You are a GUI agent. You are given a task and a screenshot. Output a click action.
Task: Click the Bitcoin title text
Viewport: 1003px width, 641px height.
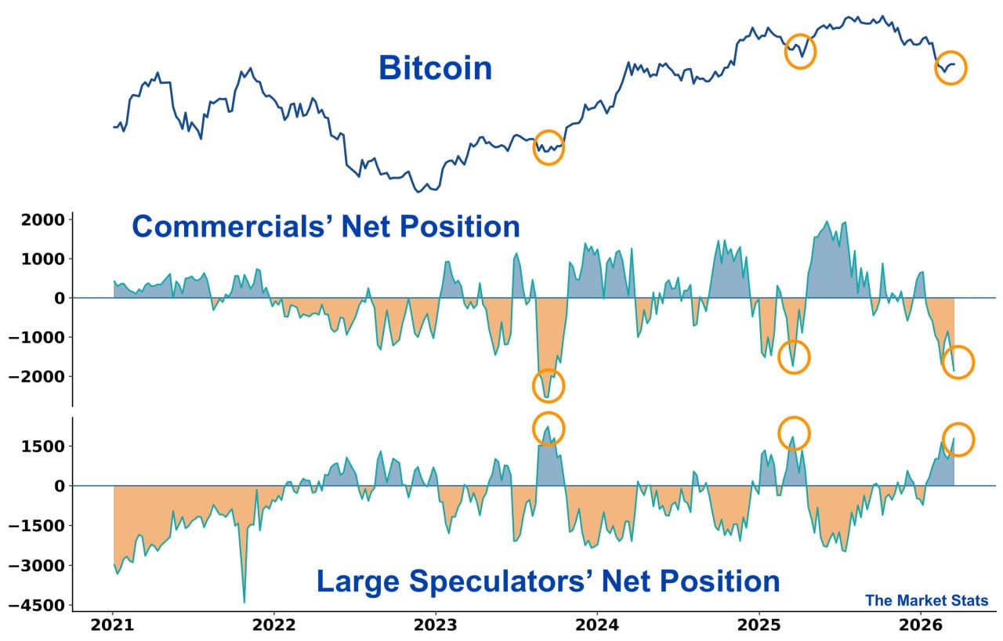(x=435, y=68)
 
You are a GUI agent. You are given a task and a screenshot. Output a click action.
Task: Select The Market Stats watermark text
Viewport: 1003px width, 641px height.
(x=926, y=601)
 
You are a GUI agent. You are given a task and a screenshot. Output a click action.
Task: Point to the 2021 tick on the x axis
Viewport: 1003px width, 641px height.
(x=112, y=625)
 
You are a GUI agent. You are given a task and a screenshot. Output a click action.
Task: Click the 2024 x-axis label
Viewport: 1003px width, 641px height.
(x=597, y=625)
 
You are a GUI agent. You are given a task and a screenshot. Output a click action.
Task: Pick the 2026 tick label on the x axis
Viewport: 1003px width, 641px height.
(x=920, y=625)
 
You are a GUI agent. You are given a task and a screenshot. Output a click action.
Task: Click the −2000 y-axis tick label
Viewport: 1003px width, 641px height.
(x=38, y=377)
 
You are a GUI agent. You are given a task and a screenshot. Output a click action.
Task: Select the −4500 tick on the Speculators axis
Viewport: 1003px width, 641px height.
(x=38, y=606)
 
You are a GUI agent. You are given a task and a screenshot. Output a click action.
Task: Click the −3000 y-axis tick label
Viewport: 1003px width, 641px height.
(x=38, y=566)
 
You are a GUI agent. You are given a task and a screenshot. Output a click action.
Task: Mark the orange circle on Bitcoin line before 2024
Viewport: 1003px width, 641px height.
(x=549, y=147)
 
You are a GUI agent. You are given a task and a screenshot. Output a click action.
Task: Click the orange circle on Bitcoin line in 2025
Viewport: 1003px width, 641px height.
(x=800, y=52)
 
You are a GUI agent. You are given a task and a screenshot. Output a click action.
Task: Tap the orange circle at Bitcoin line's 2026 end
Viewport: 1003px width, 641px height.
(x=951, y=68)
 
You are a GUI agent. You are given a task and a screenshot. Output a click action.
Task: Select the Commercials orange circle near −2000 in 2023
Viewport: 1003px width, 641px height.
(x=549, y=386)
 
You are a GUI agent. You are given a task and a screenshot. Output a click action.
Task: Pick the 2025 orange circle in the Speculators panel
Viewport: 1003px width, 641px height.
(x=794, y=433)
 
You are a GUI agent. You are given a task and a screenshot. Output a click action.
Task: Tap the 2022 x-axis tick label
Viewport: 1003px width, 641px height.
(x=274, y=625)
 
